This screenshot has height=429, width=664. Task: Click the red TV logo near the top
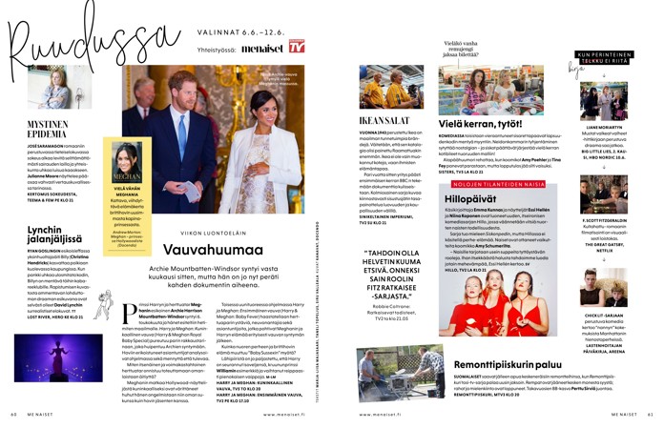tap(297, 45)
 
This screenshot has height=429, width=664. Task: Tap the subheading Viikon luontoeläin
tap(233, 232)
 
